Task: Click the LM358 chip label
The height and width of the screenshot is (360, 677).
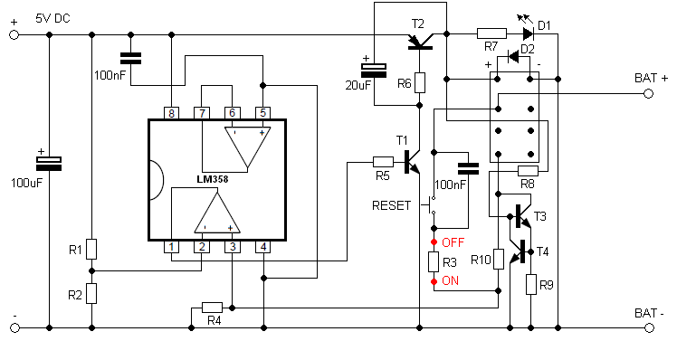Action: point(213,179)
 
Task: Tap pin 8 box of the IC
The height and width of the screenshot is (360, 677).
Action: point(171,113)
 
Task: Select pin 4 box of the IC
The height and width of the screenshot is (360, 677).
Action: point(263,247)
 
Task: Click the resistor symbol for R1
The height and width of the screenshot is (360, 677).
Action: point(91,249)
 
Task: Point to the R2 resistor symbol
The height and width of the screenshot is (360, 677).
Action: point(91,294)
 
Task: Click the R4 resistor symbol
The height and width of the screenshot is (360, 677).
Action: point(213,308)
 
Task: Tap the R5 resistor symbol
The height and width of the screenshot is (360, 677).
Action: point(383,162)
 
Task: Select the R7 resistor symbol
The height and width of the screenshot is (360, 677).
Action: point(491,33)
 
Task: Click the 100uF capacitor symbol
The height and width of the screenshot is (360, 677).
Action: point(48,164)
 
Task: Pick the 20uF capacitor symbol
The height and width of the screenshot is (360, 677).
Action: point(374,71)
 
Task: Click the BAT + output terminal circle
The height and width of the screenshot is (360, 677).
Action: point(649,94)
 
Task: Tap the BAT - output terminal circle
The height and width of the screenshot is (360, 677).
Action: point(649,328)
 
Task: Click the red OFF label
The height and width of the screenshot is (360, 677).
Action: point(453,242)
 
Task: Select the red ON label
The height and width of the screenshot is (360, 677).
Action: point(451,281)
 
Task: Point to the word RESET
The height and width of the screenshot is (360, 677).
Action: point(392,205)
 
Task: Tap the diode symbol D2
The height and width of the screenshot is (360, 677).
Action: point(513,56)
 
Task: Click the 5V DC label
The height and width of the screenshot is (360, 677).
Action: point(52,19)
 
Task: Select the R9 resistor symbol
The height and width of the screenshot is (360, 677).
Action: point(531,284)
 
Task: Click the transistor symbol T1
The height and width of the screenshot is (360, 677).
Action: point(411,162)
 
